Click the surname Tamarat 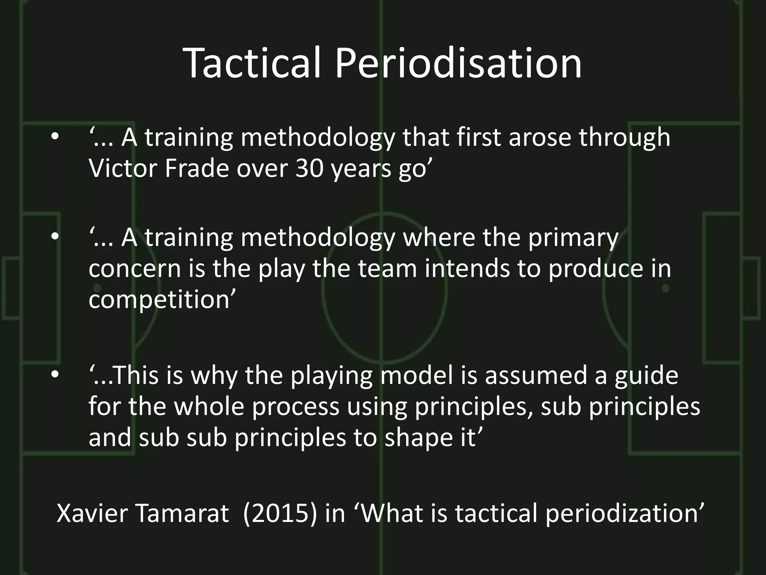(x=182, y=513)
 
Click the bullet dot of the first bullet (x=55, y=137)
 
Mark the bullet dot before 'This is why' (x=55, y=375)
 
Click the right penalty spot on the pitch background (x=665, y=288)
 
